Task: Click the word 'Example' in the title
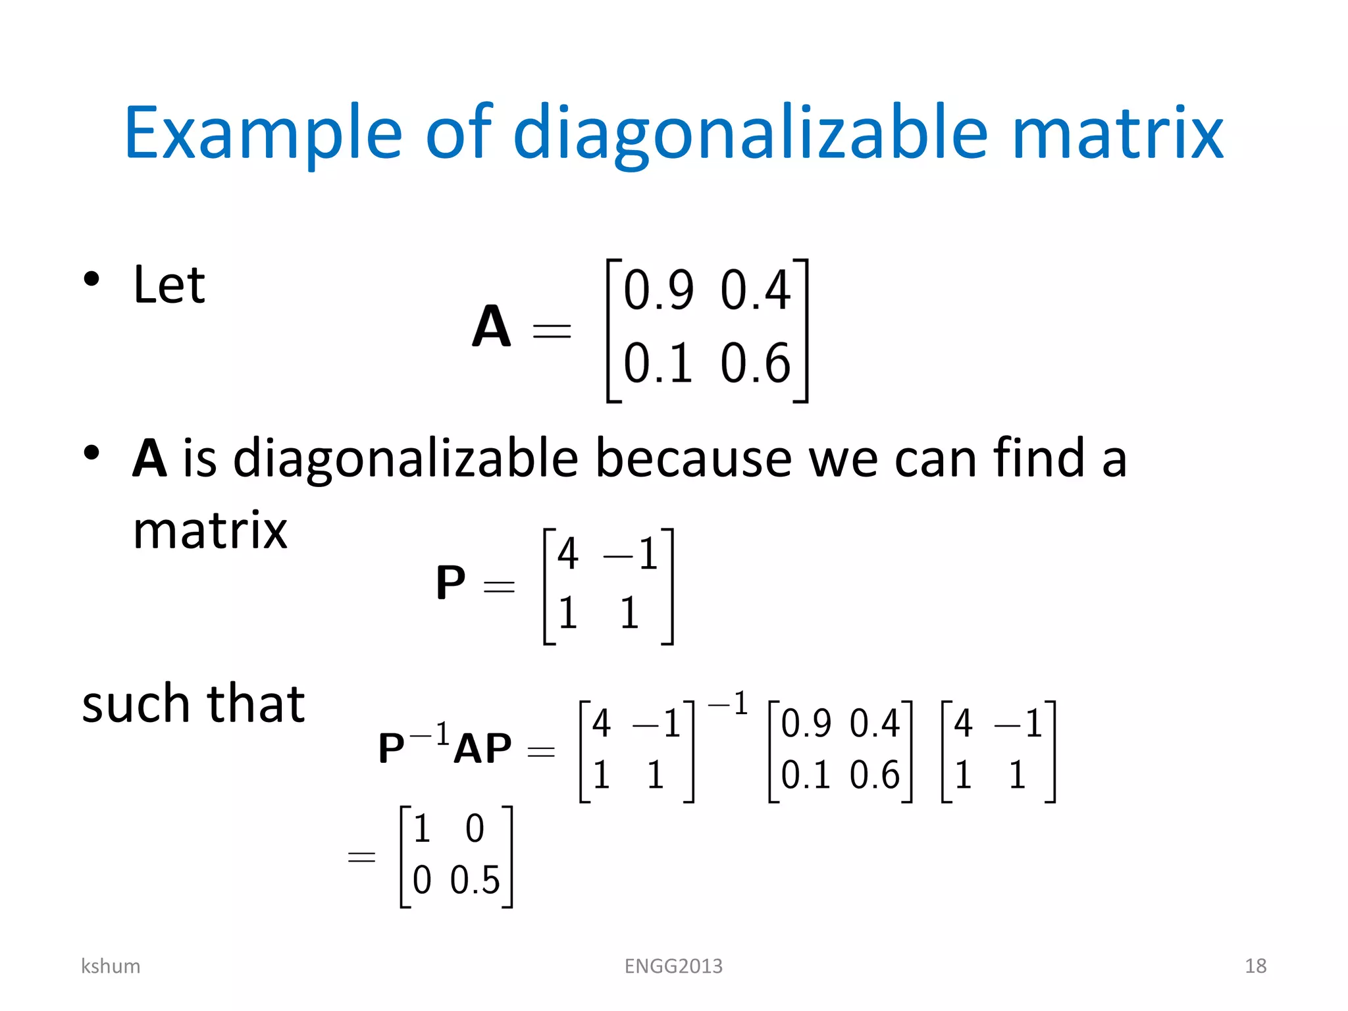click(x=263, y=134)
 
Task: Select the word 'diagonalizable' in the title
click(x=750, y=134)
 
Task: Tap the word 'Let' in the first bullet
click(x=169, y=285)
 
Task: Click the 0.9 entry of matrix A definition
click(x=658, y=290)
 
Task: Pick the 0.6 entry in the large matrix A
click(x=755, y=363)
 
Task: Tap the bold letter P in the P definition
click(x=450, y=583)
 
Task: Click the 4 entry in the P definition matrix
click(x=568, y=554)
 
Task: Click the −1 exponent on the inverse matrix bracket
click(x=728, y=704)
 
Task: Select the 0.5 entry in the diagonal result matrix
click(x=475, y=880)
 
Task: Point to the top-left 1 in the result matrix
click(x=422, y=829)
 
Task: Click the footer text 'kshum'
click(x=111, y=966)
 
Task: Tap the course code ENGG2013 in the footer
click(x=673, y=966)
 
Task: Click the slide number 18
click(x=1255, y=966)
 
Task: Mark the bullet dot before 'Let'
click(x=91, y=278)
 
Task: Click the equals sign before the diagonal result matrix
click(x=361, y=857)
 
